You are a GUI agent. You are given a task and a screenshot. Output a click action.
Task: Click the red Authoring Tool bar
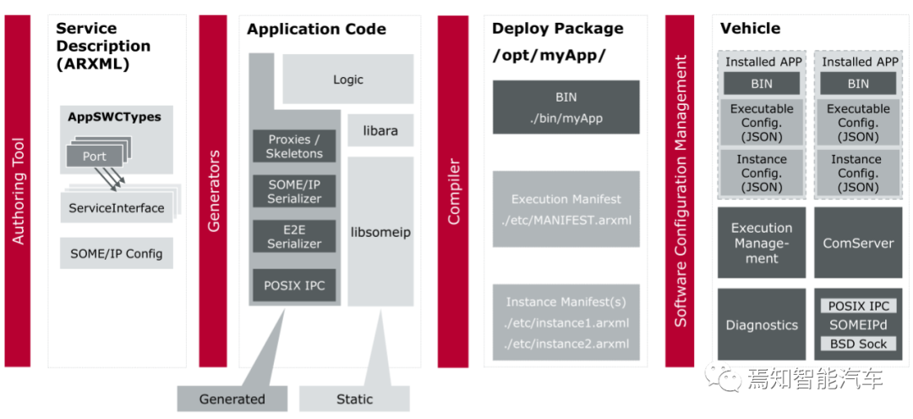pyautogui.click(x=17, y=190)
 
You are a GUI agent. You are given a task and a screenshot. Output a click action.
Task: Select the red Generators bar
pyautogui.click(x=213, y=190)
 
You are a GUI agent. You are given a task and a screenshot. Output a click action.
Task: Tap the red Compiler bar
pyautogui.click(x=453, y=190)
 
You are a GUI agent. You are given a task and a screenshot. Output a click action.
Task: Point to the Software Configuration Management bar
pyautogui.click(x=680, y=190)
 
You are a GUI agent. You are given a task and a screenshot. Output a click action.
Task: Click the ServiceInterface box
pyautogui.click(x=117, y=207)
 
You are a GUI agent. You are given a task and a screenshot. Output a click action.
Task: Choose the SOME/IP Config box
pyautogui.click(x=117, y=253)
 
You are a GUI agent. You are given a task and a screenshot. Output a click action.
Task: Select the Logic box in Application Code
pyautogui.click(x=347, y=80)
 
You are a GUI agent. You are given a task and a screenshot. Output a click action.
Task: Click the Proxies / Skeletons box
pyautogui.click(x=294, y=146)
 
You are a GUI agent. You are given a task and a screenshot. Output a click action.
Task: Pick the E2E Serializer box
pyautogui.click(x=294, y=236)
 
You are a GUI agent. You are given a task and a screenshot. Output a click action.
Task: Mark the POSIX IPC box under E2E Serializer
pyautogui.click(x=294, y=285)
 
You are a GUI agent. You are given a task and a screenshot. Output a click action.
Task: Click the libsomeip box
pyautogui.click(x=380, y=231)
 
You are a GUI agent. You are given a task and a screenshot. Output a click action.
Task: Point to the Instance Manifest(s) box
pyautogui.click(x=566, y=323)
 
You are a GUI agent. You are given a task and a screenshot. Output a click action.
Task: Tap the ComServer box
pyautogui.click(x=858, y=243)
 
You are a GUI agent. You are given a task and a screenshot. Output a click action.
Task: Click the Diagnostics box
pyautogui.click(x=762, y=325)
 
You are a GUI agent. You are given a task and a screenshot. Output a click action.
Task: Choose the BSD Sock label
pyautogui.click(x=858, y=344)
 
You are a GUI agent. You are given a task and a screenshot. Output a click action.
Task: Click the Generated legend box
pyautogui.click(x=232, y=399)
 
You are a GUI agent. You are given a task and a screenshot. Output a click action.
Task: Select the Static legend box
pyautogui.click(x=354, y=399)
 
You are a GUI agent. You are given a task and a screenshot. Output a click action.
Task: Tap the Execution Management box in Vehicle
pyautogui.click(x=762, y=243)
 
